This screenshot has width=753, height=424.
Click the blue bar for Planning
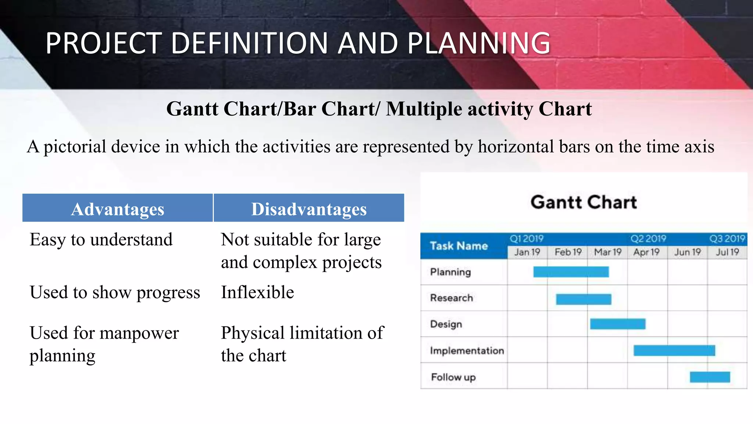tap(571, 272)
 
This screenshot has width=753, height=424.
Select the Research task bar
tap(584, 299)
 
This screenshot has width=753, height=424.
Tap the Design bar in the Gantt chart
tap(617, 324)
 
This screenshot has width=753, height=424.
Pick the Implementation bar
tap(674, 350)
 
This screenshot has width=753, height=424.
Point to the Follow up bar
tap(710, 377)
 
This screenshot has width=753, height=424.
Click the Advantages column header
tap(118, 209)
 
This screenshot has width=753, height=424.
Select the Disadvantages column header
tap(309, 209)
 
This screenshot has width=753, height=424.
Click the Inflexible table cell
tap(257, 292)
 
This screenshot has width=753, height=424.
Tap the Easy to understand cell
tap(101, 240)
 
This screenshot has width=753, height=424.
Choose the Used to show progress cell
tap(115, 292)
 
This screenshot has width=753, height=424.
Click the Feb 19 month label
tap(568, 252)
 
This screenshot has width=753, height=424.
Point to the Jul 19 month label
tap(727, 252)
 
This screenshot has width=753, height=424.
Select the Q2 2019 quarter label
tap(648, 239)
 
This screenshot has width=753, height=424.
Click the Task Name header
tap(459, 246)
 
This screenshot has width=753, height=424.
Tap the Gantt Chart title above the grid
tap(584, 202)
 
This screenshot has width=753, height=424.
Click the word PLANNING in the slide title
tap(479, 43)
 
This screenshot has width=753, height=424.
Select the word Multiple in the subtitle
tap(424, 109)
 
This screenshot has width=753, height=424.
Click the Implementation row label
tap(467, 350)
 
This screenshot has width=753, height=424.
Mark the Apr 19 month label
tap(646, 252)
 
